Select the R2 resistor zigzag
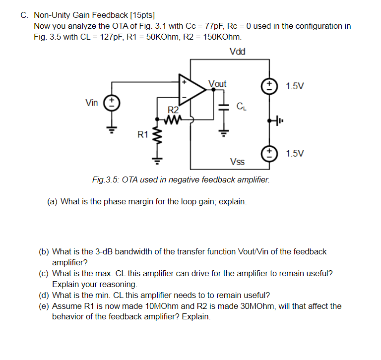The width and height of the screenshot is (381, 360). (174, 119)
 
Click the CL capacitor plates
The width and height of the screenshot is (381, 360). (224, 107)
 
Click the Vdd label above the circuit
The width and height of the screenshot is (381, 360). (238, 52)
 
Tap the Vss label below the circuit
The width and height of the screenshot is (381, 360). (237, 162)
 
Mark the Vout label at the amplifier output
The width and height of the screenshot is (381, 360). (217, 84)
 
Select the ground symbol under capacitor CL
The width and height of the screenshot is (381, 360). (224, 132)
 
